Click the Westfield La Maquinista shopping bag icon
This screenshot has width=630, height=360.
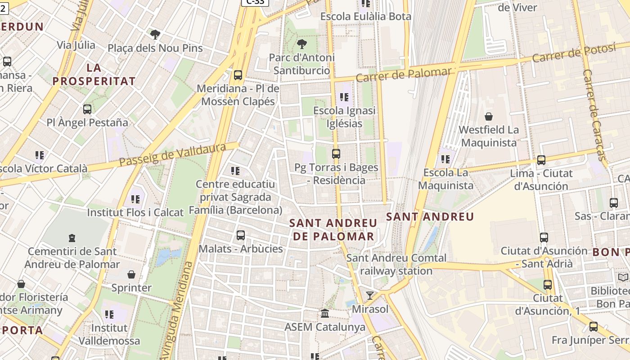tap(489, 117)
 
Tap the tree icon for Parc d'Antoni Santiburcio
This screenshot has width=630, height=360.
tap(302, 44)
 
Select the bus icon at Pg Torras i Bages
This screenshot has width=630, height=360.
tap(336, 153)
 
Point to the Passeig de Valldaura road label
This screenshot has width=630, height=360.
tap(173, 155)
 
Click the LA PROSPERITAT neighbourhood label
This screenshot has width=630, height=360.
tap(94, 75)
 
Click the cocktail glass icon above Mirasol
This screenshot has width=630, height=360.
tap(370, 295)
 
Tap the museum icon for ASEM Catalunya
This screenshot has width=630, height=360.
tap(325, 313)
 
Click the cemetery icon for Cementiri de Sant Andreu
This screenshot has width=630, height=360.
tap(72, 238)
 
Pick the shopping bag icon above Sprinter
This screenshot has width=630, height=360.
tap(131, 274)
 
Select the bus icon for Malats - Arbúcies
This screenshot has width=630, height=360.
tap(241, 235)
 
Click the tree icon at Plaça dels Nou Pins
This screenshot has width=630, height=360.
tap(155, 34)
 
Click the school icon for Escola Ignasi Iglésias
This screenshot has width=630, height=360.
tap(344, 97)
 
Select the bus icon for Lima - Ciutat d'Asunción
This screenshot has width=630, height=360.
tap(541, 160)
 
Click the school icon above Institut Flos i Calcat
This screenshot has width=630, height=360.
tap(135, 198)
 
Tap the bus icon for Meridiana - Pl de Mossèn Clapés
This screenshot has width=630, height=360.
tap(238, 75)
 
